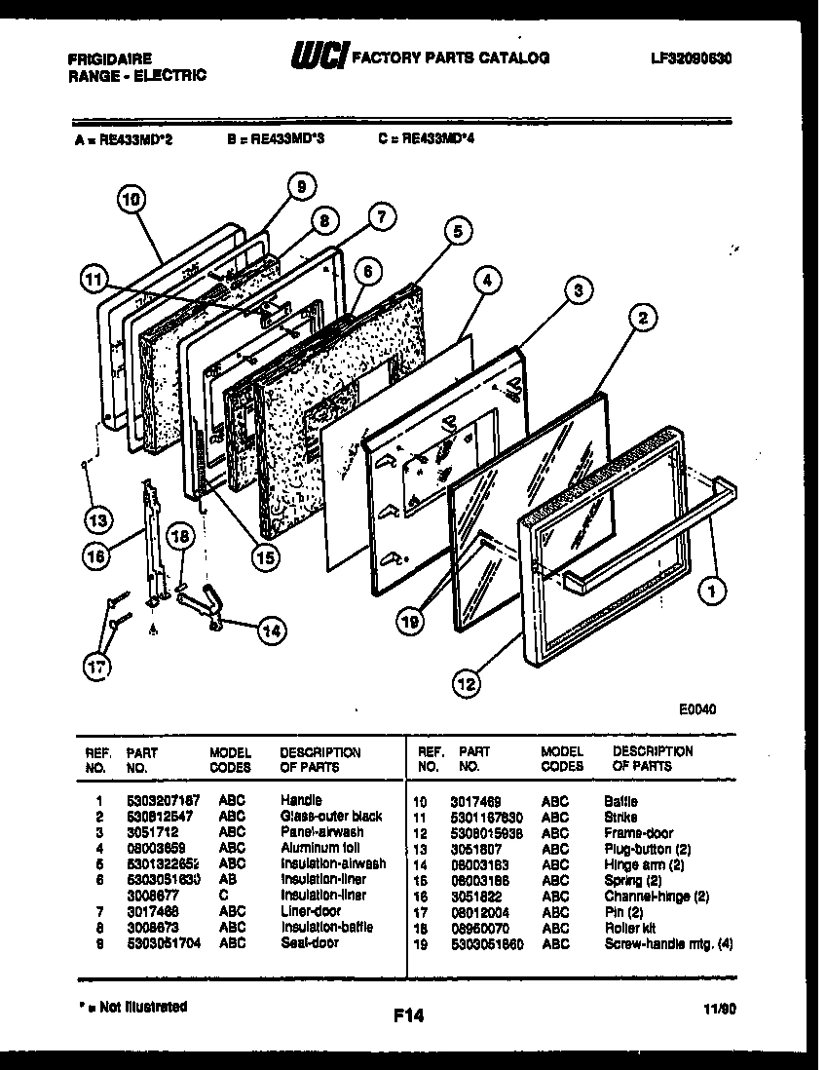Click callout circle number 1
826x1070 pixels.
[716, 588]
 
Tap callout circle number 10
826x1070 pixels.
[131, 201]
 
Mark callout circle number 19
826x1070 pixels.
[412, 618]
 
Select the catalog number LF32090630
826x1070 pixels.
[692, 58]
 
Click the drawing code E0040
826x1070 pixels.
[697, 709]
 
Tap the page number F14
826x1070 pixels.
[409, 1016]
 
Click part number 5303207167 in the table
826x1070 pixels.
[163, 800]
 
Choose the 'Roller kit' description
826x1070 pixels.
[630, 928]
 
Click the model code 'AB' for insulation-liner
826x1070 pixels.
[226, 879]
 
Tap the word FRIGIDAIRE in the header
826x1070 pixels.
[109, 58]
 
